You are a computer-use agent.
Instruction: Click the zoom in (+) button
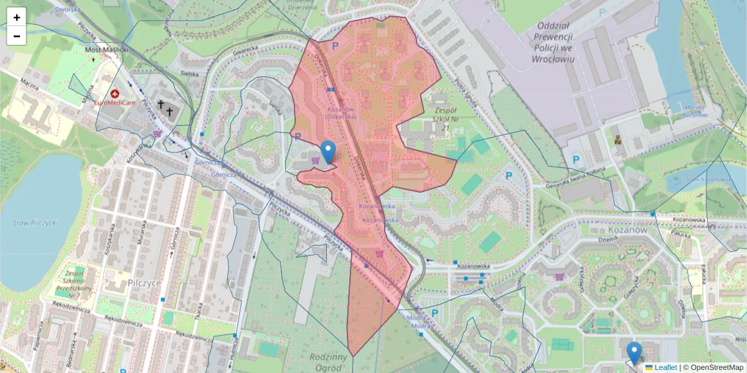17,17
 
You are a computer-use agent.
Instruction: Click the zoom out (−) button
17,36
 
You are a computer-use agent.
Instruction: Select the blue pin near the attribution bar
634,353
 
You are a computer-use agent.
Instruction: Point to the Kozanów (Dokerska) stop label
340,113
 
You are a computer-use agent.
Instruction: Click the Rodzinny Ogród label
328,361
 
